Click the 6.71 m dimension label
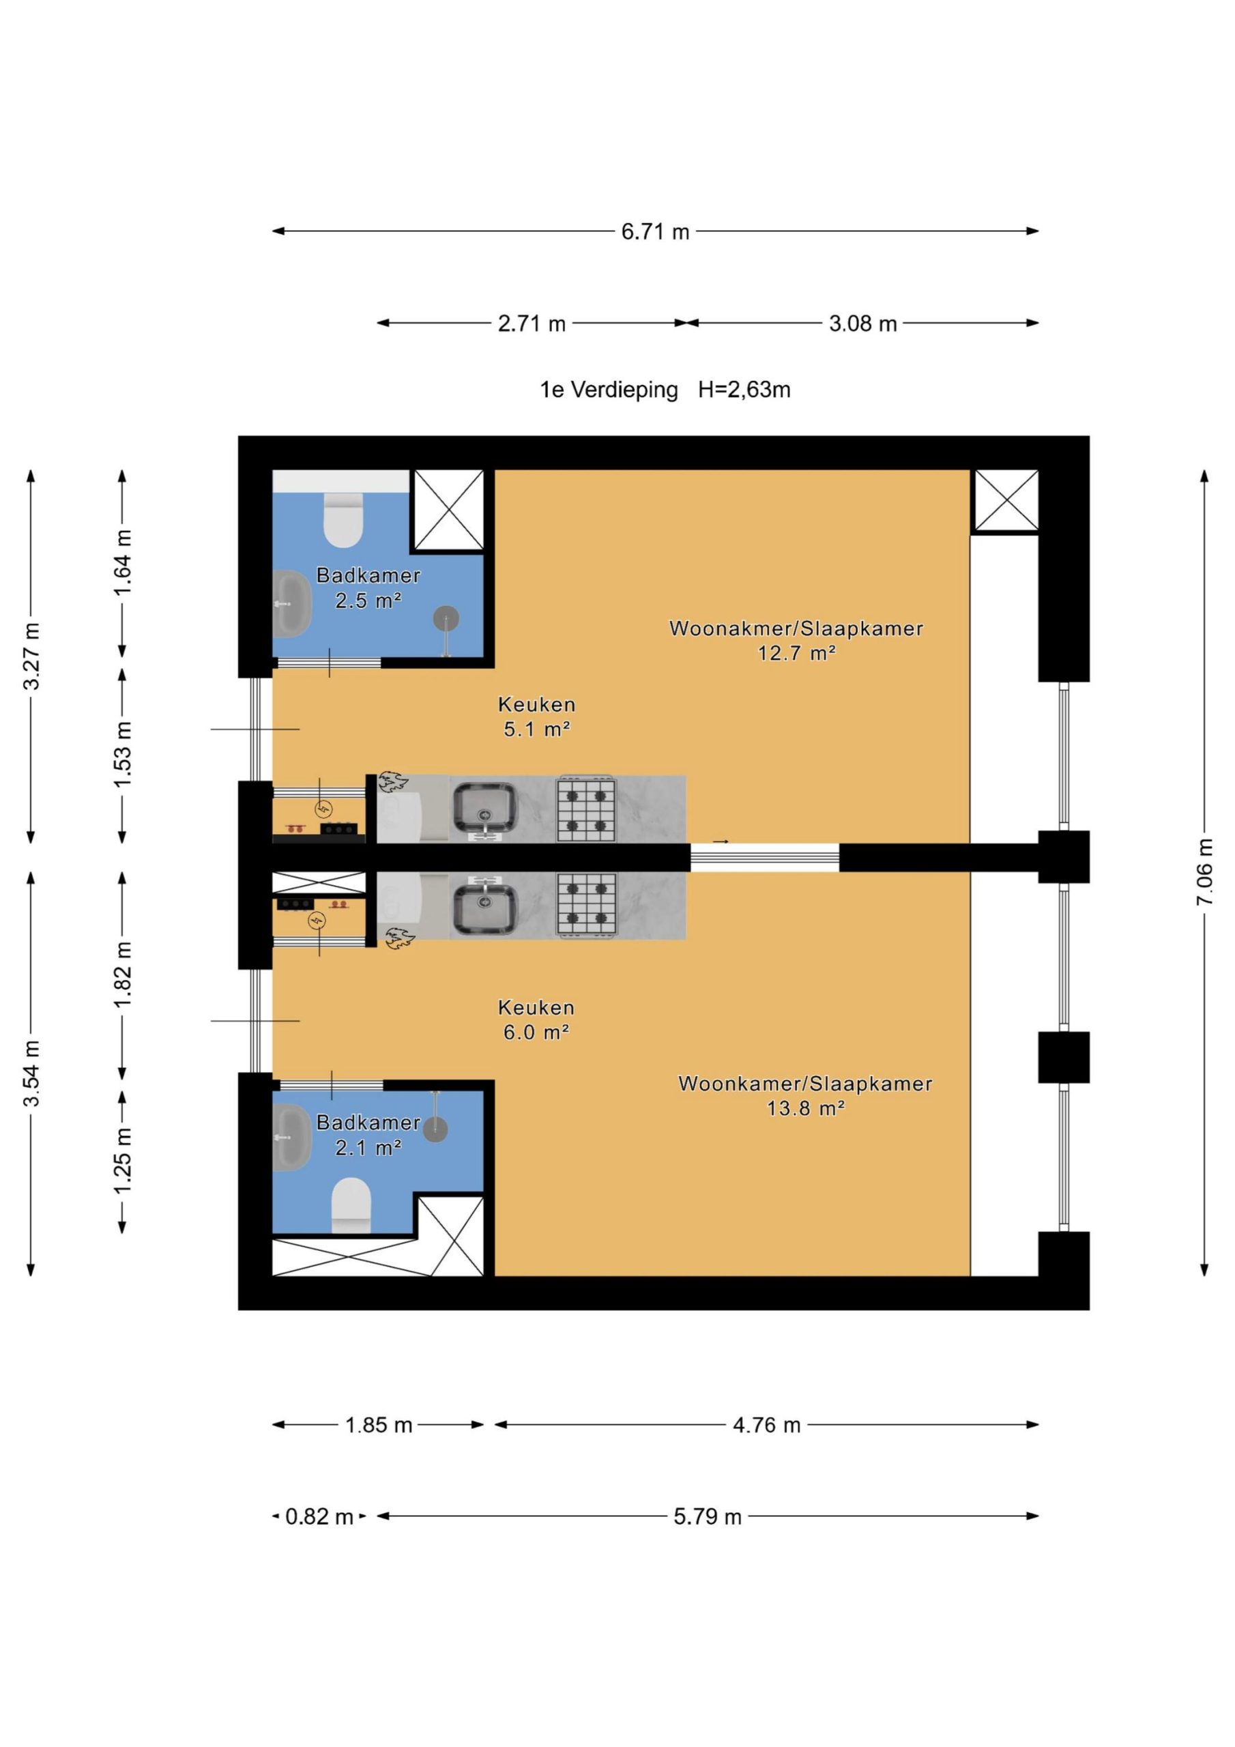(655, 231)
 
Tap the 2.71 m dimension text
(532, 323)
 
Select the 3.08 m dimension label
(863, 323)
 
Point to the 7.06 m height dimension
(1204, 872)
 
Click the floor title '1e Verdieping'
(609, 390)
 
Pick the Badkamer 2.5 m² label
(368, 588)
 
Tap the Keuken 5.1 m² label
(536, 717)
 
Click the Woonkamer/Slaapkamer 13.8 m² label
(805, 1096)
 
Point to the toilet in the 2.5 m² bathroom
(343, 520)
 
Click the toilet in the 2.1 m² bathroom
(351, 1204)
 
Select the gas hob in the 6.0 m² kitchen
(586, 905)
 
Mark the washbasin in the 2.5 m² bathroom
(291, 603)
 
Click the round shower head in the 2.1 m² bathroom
(435, 1130)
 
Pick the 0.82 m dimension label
(319, 1517)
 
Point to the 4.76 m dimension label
(767, 1425)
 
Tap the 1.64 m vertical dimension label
(123, 564)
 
